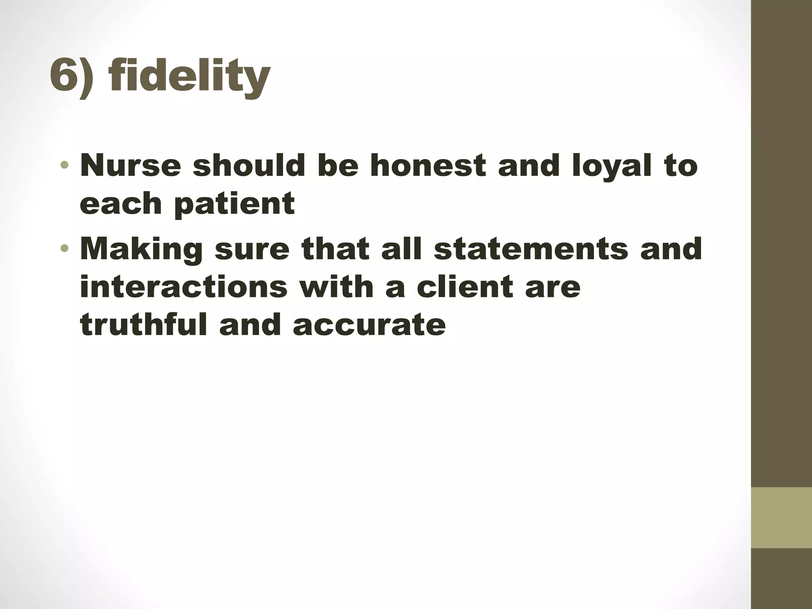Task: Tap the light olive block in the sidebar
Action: [x=781, y=517]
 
